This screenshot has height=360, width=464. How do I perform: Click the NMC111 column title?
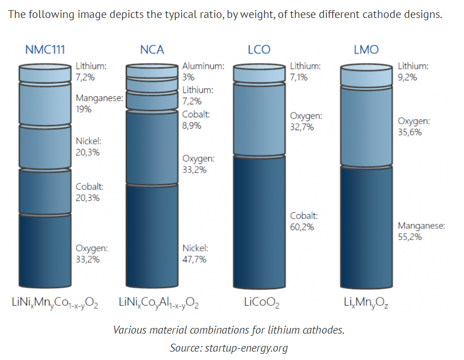point(45,49)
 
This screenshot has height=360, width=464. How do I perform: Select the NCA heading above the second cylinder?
point(152,49)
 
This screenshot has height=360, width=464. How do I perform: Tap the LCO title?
point(259,49)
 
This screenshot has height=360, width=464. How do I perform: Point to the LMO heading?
point(366,49)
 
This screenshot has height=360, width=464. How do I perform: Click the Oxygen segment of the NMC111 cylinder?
point(45,250)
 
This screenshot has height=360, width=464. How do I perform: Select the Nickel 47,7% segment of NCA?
point(152,236)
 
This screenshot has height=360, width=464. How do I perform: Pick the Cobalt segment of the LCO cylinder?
point(259,222)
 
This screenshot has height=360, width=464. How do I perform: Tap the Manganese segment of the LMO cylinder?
point(366,227)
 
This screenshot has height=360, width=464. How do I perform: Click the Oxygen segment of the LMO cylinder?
point(366,126)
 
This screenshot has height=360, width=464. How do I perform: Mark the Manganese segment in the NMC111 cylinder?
point(45,104)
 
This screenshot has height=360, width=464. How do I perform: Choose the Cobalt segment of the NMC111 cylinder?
point(45,191)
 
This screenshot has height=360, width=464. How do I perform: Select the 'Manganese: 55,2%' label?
point(421,231)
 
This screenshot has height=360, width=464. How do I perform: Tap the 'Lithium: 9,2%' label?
point(413,71)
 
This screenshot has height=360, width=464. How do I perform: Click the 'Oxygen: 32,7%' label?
point(306,121)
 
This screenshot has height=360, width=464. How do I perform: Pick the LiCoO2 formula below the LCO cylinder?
point(261,303)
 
